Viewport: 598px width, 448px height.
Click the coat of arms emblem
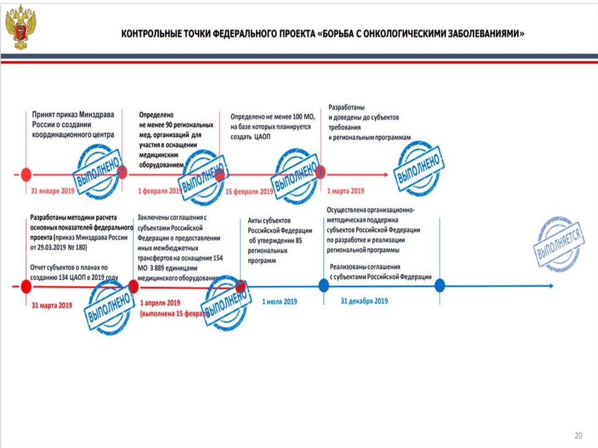coord(21,27)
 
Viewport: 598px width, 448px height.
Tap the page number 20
coord(578,436)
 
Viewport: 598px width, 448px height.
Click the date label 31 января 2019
coord(53,191)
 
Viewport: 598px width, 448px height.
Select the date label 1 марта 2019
coord(346,190)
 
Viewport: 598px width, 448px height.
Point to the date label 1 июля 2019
coord(280,301)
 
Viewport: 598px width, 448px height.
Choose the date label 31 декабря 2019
coord(364,301)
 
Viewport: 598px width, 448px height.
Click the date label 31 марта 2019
coord(52,305)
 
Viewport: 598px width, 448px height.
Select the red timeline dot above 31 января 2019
coord(26,174)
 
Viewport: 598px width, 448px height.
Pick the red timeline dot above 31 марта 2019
coord(26,286)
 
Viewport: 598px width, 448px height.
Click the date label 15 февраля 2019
coord(249,191)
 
